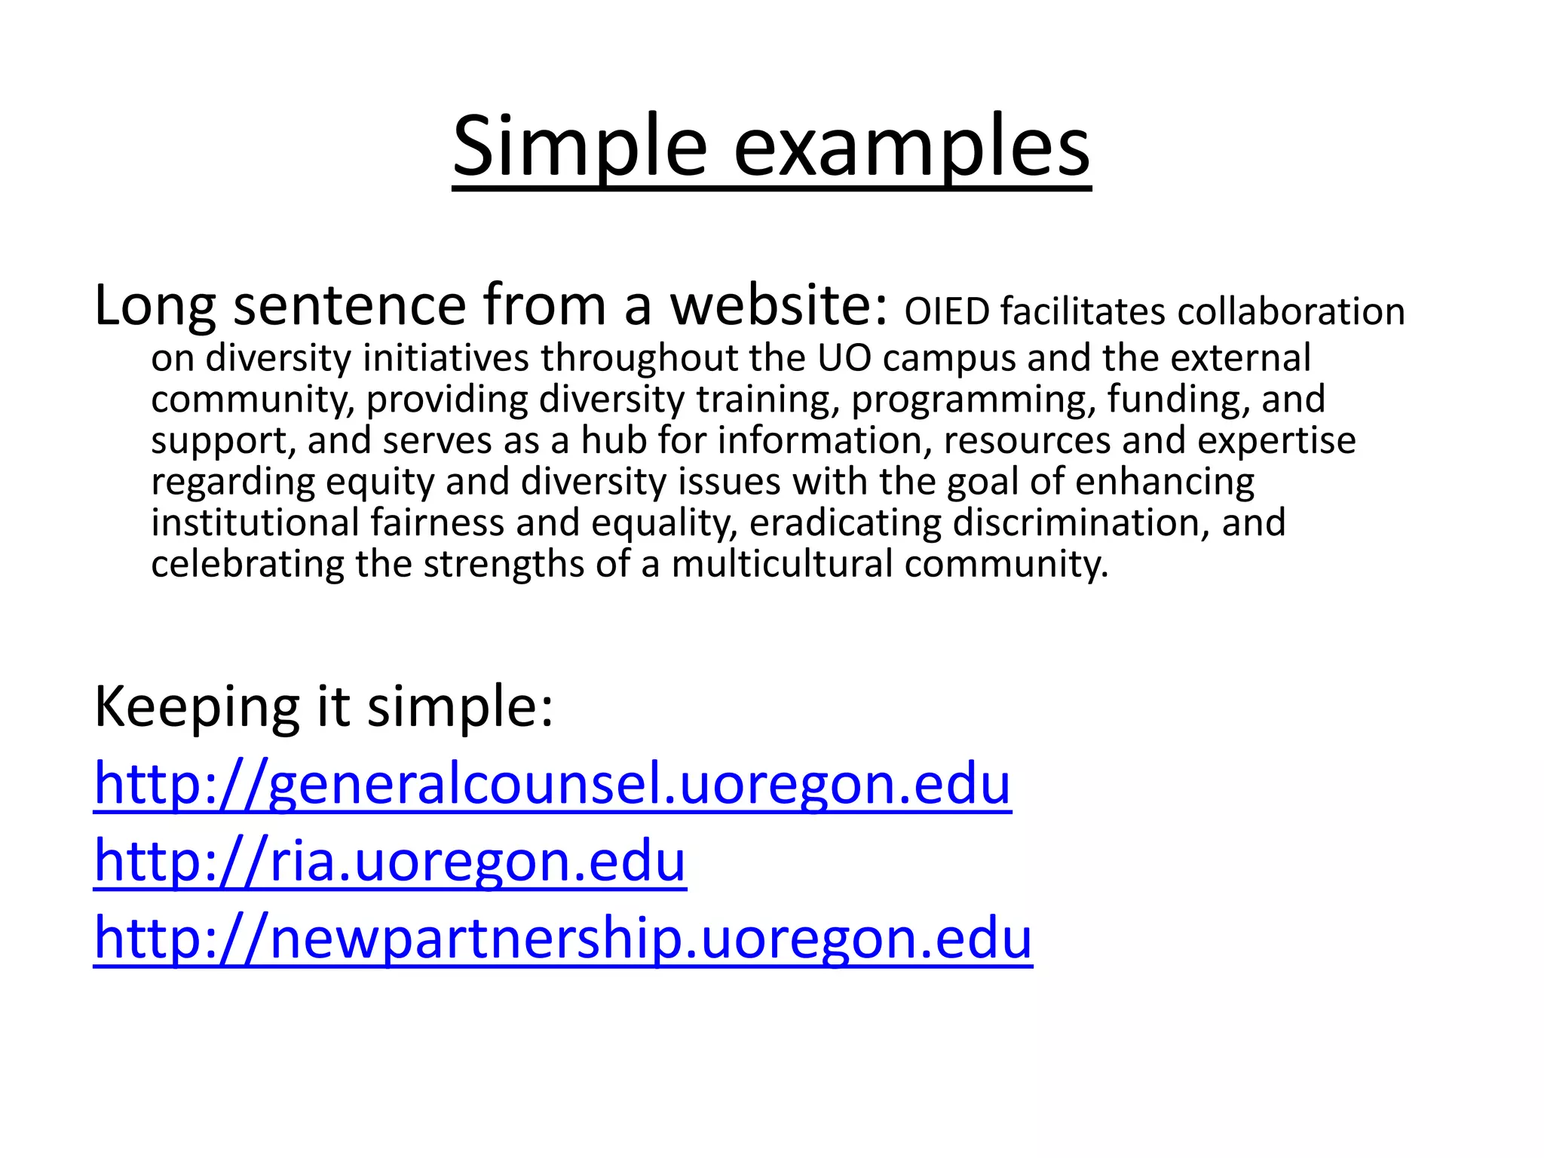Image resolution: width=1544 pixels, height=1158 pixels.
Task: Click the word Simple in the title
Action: (x=579, y=147)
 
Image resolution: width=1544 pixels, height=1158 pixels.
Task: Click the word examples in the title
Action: (x=911, y=147)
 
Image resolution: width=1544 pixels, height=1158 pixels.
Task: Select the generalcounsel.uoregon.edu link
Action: (x=552, y=784)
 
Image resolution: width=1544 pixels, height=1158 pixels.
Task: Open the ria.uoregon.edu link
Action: (x=390, y=861)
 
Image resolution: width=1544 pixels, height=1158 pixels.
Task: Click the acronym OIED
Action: (x=947, y=312)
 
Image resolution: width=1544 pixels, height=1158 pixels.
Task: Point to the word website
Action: (x=780, y=305)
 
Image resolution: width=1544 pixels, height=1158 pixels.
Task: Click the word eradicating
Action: (x=845, y=523)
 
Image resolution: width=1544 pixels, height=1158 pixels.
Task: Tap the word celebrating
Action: (x=247, y=564)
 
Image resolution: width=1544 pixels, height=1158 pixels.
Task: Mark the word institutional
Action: (x=255, y=523)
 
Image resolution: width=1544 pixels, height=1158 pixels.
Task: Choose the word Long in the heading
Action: (x=155, y=305)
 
